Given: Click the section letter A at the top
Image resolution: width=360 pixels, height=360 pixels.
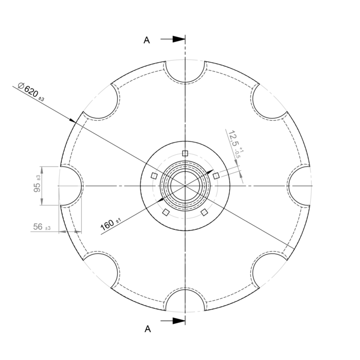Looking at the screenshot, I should (147, 41).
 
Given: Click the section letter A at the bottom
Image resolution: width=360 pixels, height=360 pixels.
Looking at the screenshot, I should (148, 328).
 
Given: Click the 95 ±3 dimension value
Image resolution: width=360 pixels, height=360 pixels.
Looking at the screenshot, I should (38, 186).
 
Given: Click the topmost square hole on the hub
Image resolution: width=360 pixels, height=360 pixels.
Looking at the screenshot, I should (185, 153).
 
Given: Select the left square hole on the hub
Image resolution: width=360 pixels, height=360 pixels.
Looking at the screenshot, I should (154, 176).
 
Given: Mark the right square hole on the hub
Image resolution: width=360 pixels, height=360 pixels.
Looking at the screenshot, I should (216, 176).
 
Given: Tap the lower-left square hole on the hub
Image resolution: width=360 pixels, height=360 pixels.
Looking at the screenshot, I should (166, 212).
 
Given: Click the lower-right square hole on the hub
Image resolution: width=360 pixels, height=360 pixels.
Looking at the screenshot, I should (204, 212).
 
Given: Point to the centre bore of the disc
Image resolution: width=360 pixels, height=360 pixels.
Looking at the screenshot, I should (185, 185).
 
